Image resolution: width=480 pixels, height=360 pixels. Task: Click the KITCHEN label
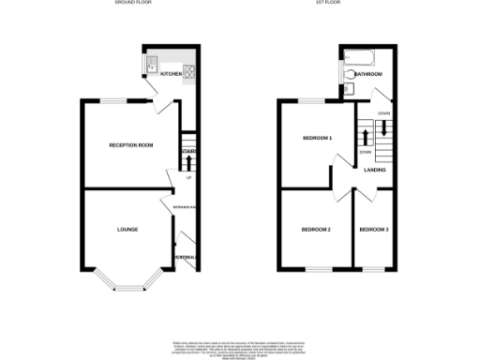(171, 73)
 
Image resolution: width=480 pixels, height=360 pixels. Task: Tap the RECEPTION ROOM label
(130, 145)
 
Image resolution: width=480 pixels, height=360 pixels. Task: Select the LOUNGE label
(127, 229)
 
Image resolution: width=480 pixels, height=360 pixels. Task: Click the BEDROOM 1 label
(317, 139)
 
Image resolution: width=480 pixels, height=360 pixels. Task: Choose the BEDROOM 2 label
(316, 230)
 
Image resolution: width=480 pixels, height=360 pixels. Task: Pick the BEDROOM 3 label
(374, 230)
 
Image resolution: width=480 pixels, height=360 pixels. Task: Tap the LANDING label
(376, 170)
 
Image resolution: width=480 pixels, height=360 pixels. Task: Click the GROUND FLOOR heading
(132, 4)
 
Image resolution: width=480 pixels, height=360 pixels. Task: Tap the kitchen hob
(188, 70)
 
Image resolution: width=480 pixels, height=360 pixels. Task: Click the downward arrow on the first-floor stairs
(382, 128)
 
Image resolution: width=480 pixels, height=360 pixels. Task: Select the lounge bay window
(127, 281)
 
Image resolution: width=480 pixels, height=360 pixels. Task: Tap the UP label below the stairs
(188, 178)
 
